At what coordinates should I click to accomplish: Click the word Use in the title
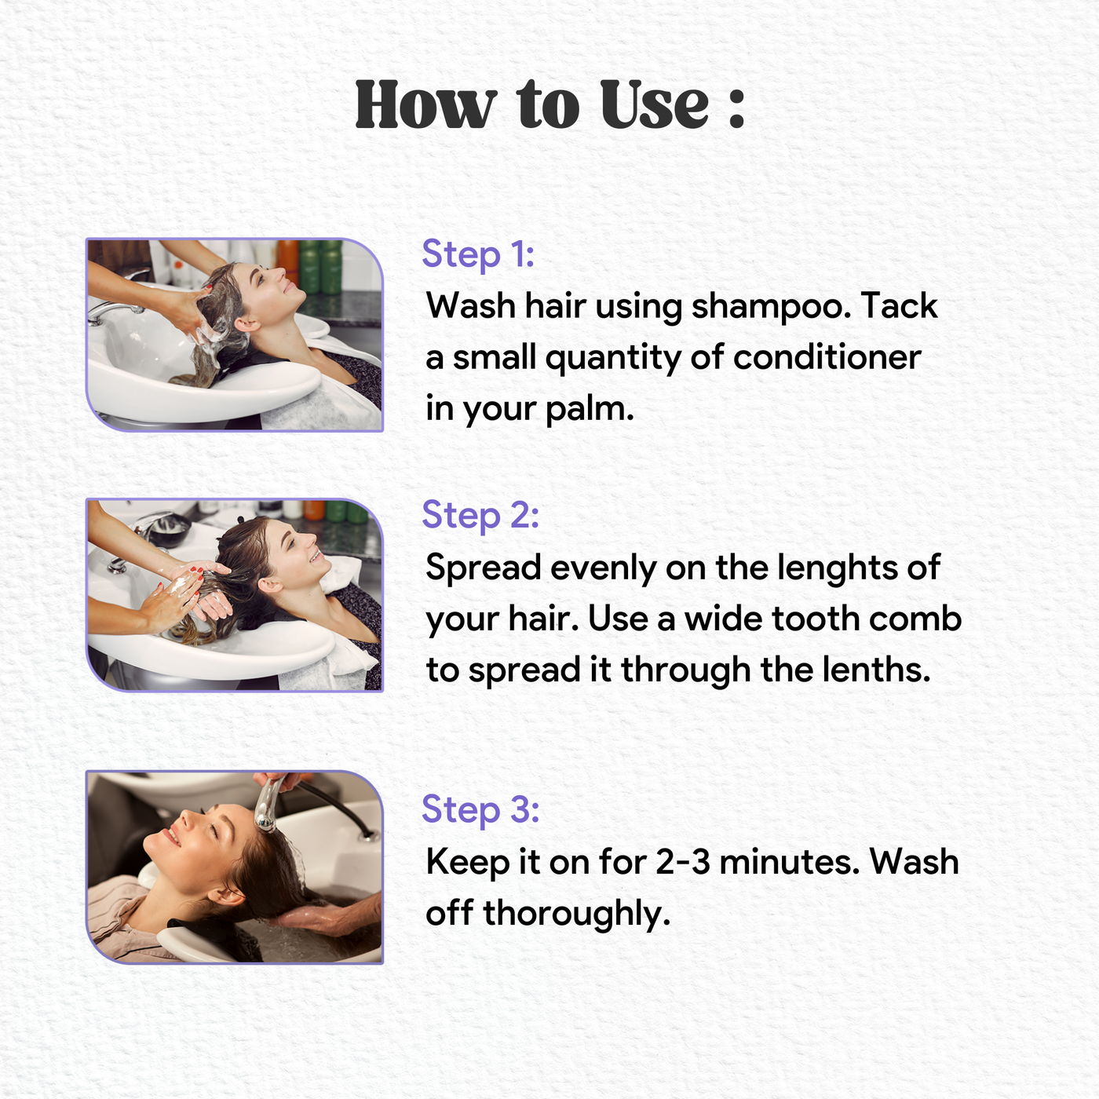(654, 104)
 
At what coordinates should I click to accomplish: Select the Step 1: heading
(478, 254)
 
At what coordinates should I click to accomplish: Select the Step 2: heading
(480, 515)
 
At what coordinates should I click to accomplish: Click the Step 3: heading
(480, 809)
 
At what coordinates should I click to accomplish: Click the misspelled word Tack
(900, 305)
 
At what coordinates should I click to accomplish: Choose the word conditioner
(827, 358)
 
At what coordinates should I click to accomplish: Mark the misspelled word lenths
(876, 670)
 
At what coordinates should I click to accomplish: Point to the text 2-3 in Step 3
(683, 862)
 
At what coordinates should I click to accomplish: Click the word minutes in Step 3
(790, 862)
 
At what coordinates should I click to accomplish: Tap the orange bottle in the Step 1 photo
(288, 261)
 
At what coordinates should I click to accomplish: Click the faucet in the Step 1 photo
(114, 310)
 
